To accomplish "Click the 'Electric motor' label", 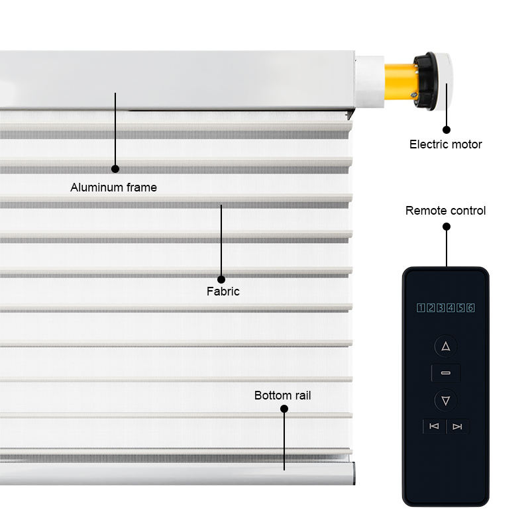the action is coord(445,144).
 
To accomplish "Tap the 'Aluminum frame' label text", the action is coord(113,187).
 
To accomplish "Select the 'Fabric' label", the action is coord(223,291).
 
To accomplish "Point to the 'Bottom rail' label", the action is coord(282,396).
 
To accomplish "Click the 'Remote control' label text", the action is coord(445,211).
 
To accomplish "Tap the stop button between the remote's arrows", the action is coord(446,373).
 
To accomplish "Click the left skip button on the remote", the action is coord(434,427).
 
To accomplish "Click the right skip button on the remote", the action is coord(457,427).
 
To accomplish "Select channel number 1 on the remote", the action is coord(421,307).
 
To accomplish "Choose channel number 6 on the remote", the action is coord(470,307).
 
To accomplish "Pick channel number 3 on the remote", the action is coord(441,307).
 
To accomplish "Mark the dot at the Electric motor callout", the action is coord(447,131).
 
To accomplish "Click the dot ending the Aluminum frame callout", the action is coord(115,169).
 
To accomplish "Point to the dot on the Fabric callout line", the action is coord(221,280).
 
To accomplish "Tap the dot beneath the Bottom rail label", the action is coord(284,409).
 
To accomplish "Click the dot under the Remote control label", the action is coord(447,227).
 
